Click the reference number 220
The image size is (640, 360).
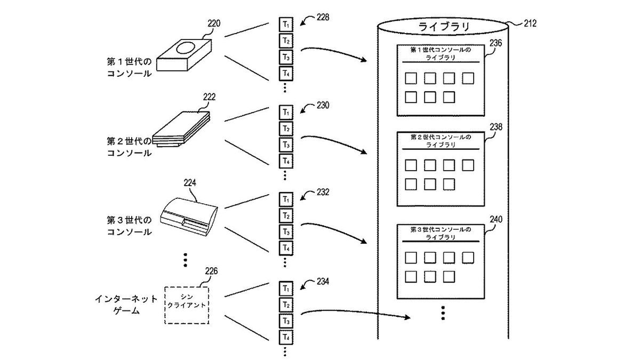(214, 23)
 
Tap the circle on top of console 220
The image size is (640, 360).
(186, 48)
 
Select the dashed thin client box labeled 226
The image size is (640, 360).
(187, 306)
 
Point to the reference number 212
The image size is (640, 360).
(530, 23)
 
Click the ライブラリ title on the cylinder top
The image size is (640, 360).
(444, 27)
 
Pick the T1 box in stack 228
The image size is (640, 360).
(286, 25)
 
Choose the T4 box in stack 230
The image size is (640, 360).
(286, 161)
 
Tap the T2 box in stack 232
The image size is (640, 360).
(286, 215)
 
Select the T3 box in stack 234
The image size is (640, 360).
(286, 321)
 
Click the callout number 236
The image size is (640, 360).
(495, 43)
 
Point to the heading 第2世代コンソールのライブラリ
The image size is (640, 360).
(441, 141)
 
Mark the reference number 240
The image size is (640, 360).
(495, 219)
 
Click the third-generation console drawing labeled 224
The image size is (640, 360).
(189, 217)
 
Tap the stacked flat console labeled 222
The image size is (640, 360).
(181, 129)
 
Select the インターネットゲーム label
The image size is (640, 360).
(126, 305)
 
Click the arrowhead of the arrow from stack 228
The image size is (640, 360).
(363, 59)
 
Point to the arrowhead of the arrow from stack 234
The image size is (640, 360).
(407, 317)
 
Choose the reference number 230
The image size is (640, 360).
(323, 105)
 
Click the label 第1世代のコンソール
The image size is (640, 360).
(129, 68)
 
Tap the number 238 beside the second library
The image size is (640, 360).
(495, 127)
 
